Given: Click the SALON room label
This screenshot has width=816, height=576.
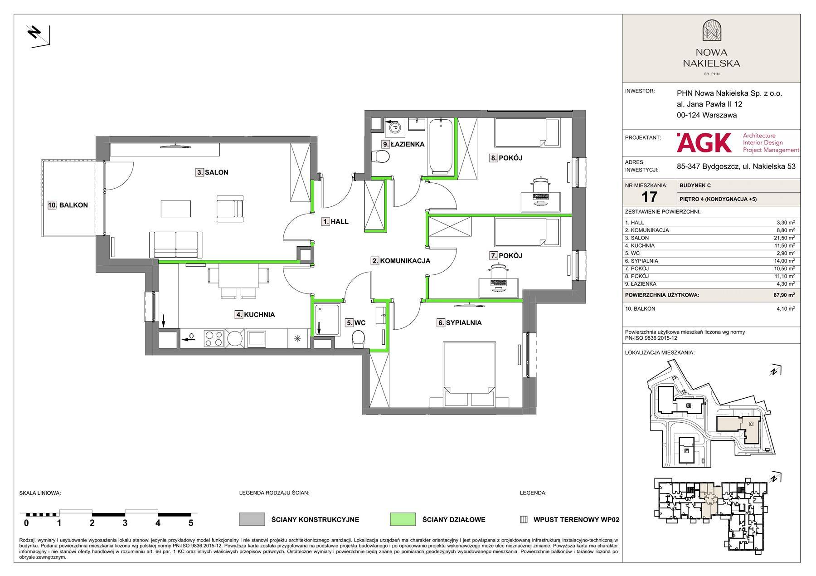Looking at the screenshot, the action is (216, 172).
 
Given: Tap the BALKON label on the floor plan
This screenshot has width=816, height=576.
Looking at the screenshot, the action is (73, 205).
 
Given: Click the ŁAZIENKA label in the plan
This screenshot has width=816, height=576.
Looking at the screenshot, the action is (407, 144).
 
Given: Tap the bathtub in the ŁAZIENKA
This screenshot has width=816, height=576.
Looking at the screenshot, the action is (440, 146).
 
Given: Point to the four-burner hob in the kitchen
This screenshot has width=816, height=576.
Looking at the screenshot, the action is (214, 338).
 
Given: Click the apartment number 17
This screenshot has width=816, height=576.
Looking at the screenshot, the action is (649, 197).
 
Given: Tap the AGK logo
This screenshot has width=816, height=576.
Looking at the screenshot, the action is (704, 142).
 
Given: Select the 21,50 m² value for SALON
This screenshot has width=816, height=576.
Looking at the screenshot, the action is (785, 238).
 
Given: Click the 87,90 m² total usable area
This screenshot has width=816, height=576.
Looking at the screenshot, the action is (785, 295).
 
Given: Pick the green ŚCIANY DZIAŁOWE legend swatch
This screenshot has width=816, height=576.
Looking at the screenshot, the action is (403, 519).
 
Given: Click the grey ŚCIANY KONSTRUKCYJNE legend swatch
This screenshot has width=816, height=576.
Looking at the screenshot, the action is (252, 519).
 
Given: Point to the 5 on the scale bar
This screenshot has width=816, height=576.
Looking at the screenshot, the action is (191, 523).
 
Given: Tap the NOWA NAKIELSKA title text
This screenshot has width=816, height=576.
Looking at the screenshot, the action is (711, 58).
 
